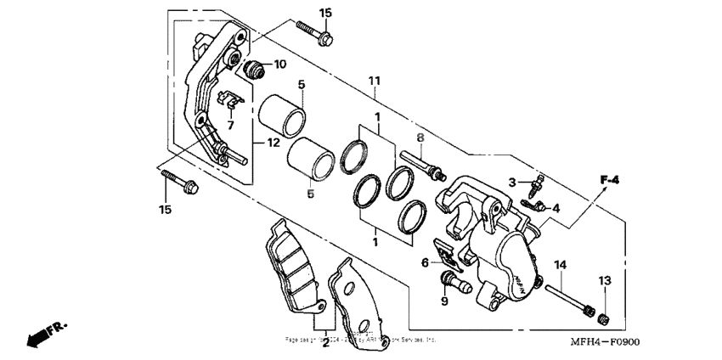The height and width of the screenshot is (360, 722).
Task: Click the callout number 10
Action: click(279, 65)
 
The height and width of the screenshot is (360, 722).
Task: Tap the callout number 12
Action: click(273, 143)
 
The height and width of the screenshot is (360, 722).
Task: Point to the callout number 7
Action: click(229, 125)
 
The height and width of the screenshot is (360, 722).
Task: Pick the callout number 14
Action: click(560, 266)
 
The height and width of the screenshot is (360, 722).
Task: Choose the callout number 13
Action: click(604, 281)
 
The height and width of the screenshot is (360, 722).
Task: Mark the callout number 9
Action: click(443, 301)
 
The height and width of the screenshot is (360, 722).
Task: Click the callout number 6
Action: click(425, 262)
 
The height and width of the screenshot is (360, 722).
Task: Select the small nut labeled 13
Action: click(605, 318)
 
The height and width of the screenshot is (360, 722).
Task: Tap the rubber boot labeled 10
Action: click(252, 67)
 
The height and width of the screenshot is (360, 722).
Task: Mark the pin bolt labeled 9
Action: click(454, 281)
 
